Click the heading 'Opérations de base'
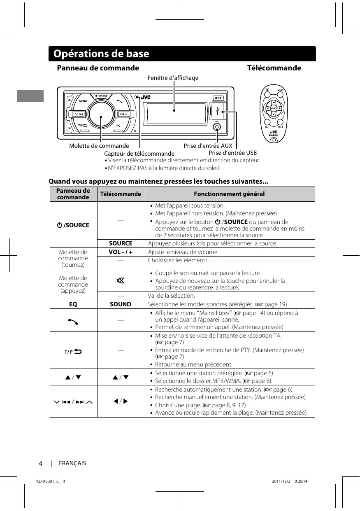(101, 54)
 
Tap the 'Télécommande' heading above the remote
(274, 68)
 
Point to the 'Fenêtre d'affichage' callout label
(173, 78)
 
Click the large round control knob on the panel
(101, 114)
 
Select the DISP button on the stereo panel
(218, 98)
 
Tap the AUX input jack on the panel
(217, 127)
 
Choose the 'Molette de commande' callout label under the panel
(99, 146)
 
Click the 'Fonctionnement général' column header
(229, 194)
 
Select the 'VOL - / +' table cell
(121, 252)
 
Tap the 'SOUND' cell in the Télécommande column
(121, 304)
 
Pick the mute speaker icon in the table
(121, 281)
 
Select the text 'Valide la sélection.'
(172, 296)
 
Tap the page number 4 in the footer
(41, 464)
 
